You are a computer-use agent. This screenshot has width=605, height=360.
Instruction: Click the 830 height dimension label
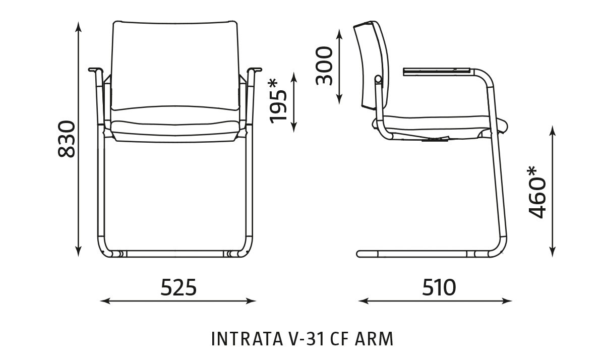[67, 139]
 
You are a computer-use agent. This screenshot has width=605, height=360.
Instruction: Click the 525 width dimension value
[178, 287]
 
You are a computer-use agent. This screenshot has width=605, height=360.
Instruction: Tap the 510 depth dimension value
[439, 287]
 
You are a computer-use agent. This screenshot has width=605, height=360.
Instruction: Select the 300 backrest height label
[324, 66]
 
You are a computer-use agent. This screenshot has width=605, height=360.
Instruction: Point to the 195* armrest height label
[278, 101]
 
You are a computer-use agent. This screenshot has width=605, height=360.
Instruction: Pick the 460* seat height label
[536, 192]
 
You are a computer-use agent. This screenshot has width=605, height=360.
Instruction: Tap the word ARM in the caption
[374, 339]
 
